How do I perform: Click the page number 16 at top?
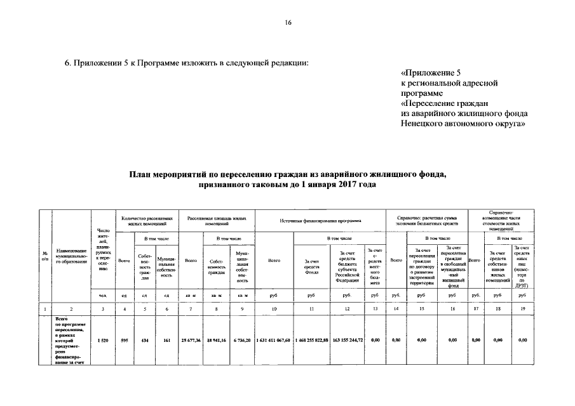pyautogui.click(x=287, y=23)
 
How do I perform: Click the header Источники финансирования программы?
pyautogui.click(x=320, y=220)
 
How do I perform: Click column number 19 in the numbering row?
pyautogui.click(x=523, y=308)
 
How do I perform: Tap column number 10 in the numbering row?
pyautogui.click(x=274, y=308)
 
